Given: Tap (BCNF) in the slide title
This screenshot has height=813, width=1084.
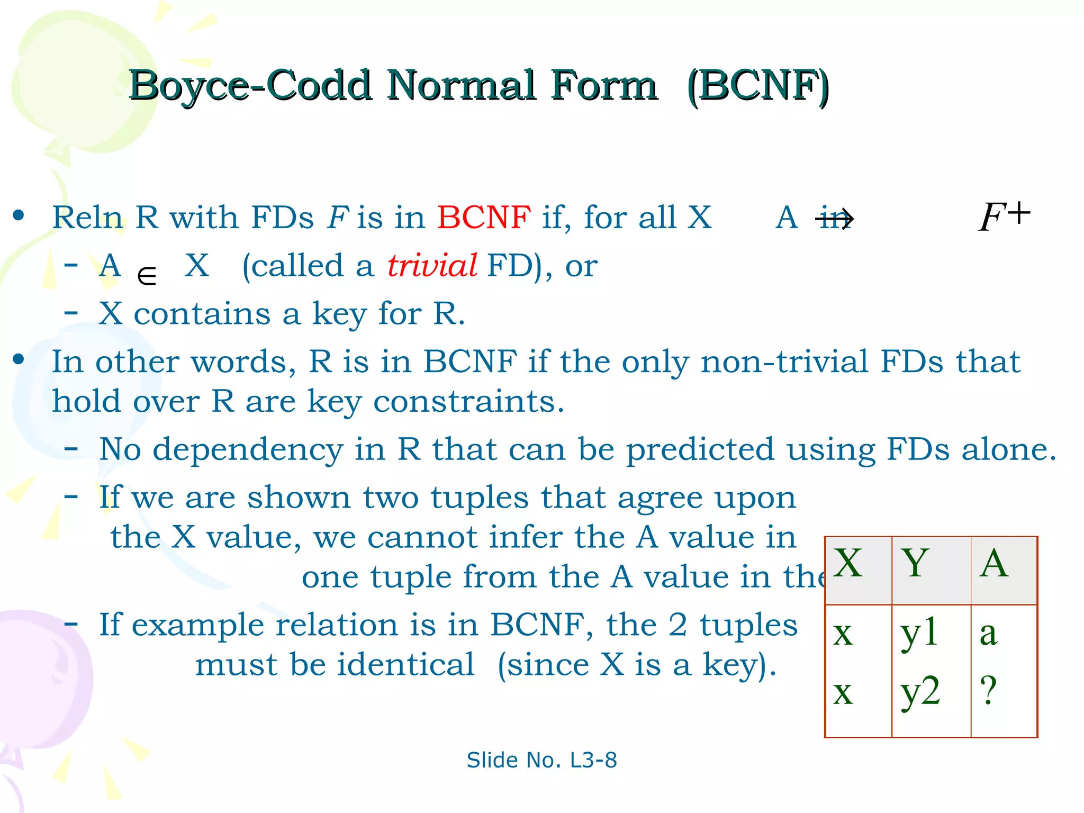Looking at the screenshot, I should pyautogui.click(x=758, y=86).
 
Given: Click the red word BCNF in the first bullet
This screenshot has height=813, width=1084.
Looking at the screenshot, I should pyautogui.click(x=484, y=218).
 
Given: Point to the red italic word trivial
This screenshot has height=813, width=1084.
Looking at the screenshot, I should pyautogui.click(x=432, y=266).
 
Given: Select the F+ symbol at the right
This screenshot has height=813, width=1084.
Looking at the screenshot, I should pyautogui.click(x=1004, y=216).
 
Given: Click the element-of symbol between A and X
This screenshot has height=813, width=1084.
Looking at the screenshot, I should pyautogui.click(x=147, y=276).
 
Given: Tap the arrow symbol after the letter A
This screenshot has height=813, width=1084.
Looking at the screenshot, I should pyautogui.click(x=836, y=219).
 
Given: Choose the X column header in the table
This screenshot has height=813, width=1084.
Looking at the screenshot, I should pyautogui.click(x=848, y=563).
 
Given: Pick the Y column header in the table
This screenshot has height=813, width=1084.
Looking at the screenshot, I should pyautogui.click(x=916, y=563).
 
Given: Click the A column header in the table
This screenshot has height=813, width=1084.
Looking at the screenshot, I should pyautogui.click(x=993, y=563).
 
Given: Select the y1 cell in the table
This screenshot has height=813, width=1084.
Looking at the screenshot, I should pyautogui.click(x=919, y=633).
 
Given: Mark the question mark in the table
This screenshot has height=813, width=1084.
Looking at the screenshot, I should pyautogui.click(x=988, y=691).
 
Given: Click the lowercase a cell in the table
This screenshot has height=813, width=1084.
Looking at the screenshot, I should pyautogui.click(x=988, y=633).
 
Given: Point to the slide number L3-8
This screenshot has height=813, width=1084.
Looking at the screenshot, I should pyautogui.click(x=593, y=761).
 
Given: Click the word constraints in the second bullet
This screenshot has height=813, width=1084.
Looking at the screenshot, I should pyautogui.click(x=468, y=402).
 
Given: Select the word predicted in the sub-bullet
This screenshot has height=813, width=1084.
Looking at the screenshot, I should pyautogui.click(x=700, y=450).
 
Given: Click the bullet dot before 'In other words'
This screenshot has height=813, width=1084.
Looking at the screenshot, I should pyautogui.click(x=19, y=360).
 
